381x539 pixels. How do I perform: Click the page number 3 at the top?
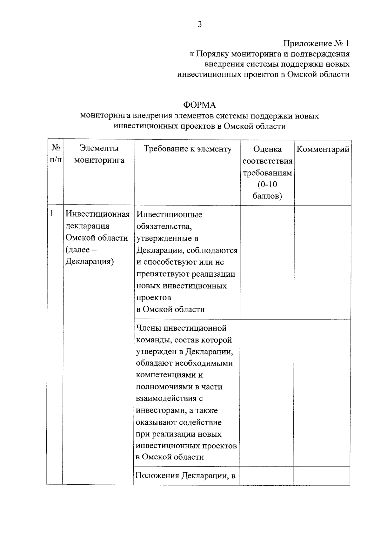coord(199,24)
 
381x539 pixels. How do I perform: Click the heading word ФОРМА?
coord(199,105)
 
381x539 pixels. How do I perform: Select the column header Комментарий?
coord(323,149)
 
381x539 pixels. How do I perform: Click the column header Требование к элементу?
coord(188,149)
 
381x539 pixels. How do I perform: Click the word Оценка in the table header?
coord(267,149)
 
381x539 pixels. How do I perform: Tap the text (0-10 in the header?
coord(267,184)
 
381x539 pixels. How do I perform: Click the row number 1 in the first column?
coord(52,213)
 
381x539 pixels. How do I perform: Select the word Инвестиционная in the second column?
coord(98,214)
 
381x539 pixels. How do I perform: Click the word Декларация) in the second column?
coord(90,262)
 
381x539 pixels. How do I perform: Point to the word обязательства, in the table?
coord(164,226)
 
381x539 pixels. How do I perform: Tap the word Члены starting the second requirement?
coord(147,328)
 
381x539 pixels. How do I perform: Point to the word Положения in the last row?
coord(157,475)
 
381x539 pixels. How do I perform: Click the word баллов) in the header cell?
coord(267,196)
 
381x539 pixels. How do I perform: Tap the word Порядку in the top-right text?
coord(212,54)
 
